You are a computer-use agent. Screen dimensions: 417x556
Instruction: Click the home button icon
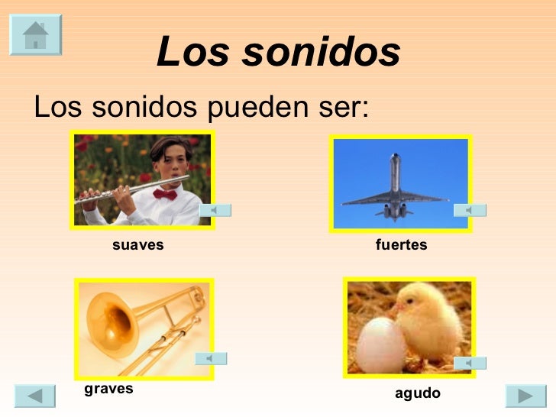35,34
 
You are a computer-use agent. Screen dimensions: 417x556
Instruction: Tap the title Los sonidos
278,53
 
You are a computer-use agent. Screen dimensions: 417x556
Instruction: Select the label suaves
138,245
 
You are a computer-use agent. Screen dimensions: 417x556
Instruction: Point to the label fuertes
401,245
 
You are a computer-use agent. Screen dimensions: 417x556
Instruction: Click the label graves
108,388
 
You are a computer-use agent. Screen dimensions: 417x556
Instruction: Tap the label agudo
418,393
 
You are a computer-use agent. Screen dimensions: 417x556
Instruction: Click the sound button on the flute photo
215,209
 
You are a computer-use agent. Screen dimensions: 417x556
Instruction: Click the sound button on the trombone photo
211,358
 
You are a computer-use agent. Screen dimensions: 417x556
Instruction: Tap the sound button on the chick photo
470,363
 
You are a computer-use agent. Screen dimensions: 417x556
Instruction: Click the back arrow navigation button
34,396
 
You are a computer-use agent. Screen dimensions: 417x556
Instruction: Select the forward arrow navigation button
525,396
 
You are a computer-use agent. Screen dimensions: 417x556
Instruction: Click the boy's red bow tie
165,194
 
